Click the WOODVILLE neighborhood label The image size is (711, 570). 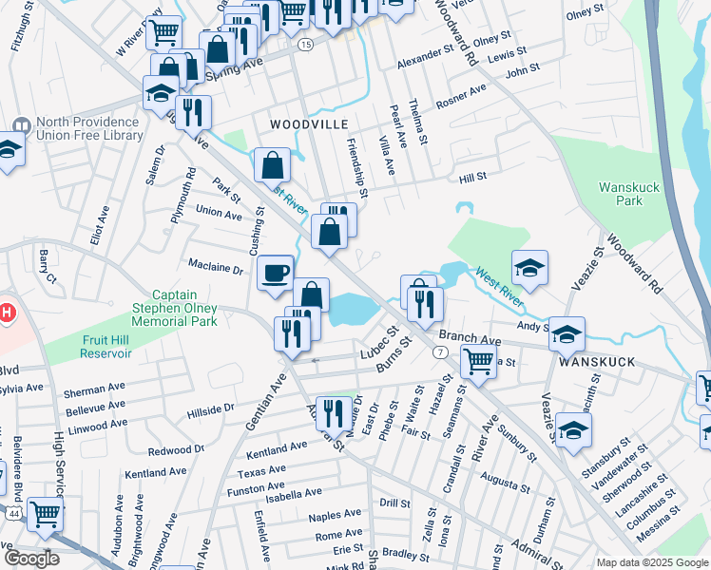coord(309,124)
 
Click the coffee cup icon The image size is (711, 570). coord(276,273)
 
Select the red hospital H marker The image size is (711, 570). coord(7,312)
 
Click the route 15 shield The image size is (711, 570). coord(304,45)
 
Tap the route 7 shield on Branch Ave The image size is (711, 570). coord(439,352)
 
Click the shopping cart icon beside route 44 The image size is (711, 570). coord(46,516)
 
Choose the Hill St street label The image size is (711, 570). coord(472,177)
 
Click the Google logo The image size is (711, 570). coord(31,559)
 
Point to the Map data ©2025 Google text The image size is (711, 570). coord(651,562)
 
